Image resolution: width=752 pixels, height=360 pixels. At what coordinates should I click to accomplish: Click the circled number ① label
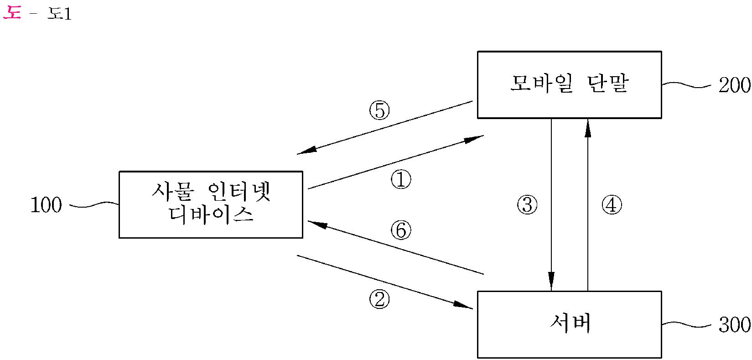pos(401,180)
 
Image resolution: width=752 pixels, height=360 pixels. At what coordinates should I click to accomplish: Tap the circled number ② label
pos(379,299)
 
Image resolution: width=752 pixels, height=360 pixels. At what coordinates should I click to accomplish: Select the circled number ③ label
pos(527,205)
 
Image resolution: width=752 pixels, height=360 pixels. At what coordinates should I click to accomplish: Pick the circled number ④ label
pos(612,205)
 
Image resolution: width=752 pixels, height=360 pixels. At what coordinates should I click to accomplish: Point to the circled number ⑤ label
pos(379,110)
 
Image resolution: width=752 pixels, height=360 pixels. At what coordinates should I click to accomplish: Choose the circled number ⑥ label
pos(401,230)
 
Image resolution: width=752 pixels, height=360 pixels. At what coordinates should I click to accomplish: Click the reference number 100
pos(46,206)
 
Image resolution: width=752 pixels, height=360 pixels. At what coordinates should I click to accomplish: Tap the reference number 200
pos(734,85)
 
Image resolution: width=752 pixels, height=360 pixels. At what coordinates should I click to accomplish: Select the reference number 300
pos(734,325)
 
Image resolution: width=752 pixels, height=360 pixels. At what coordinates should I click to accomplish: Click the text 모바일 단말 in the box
pos(569,84)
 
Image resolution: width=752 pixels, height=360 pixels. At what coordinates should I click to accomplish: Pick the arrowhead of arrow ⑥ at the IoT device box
pos(317,224)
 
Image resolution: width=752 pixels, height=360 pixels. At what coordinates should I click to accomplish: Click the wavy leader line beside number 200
pos(686,84)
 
